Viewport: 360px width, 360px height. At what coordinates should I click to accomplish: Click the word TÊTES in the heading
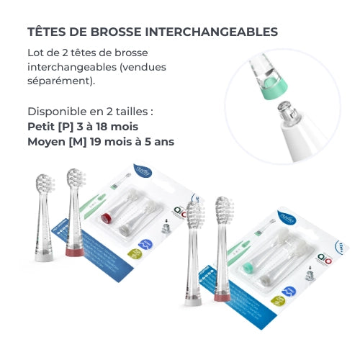point(45,32)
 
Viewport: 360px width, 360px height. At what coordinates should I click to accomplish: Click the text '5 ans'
point(158,142)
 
